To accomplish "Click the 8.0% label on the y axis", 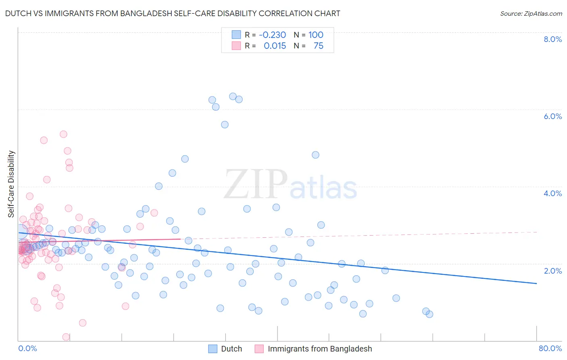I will click(x=552, y=39).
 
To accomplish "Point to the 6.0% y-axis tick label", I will click(x=552, y=116).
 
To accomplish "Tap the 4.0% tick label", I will click(x=552, y=193).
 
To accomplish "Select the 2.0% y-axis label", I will click(x=552, y=271).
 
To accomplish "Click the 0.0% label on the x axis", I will click(x=27, y=348).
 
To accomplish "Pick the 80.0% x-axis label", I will click(x=550, y=348).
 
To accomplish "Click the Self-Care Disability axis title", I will click(x=11, y=184).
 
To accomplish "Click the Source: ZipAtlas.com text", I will click(x=531, y=13).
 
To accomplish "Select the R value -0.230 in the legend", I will click(x=272, y=35).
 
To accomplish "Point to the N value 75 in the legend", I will click(x=318, y=46).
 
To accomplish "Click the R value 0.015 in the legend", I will click(x=275, y=46).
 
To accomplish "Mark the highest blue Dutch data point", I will click(x=233, y=96).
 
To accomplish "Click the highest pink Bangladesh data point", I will click(x=63, y=134).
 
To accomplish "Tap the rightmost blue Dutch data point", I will click(x=429, y=314).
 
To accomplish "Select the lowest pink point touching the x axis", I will click(x=66, y=337).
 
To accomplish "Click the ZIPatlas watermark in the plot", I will click(x=290, y=185).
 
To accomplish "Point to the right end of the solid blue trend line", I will click(x=536, y=283).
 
